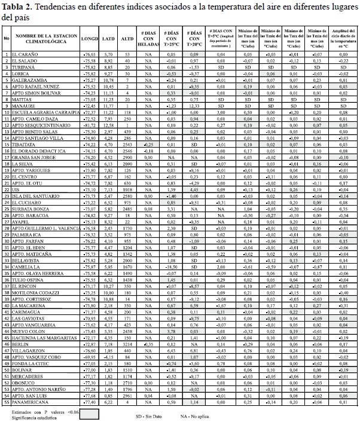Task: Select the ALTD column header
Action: coord(127,39)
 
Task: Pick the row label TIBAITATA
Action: coord(26,145)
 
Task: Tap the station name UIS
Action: coord(16,189)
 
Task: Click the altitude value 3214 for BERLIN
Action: coord(127,344)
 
